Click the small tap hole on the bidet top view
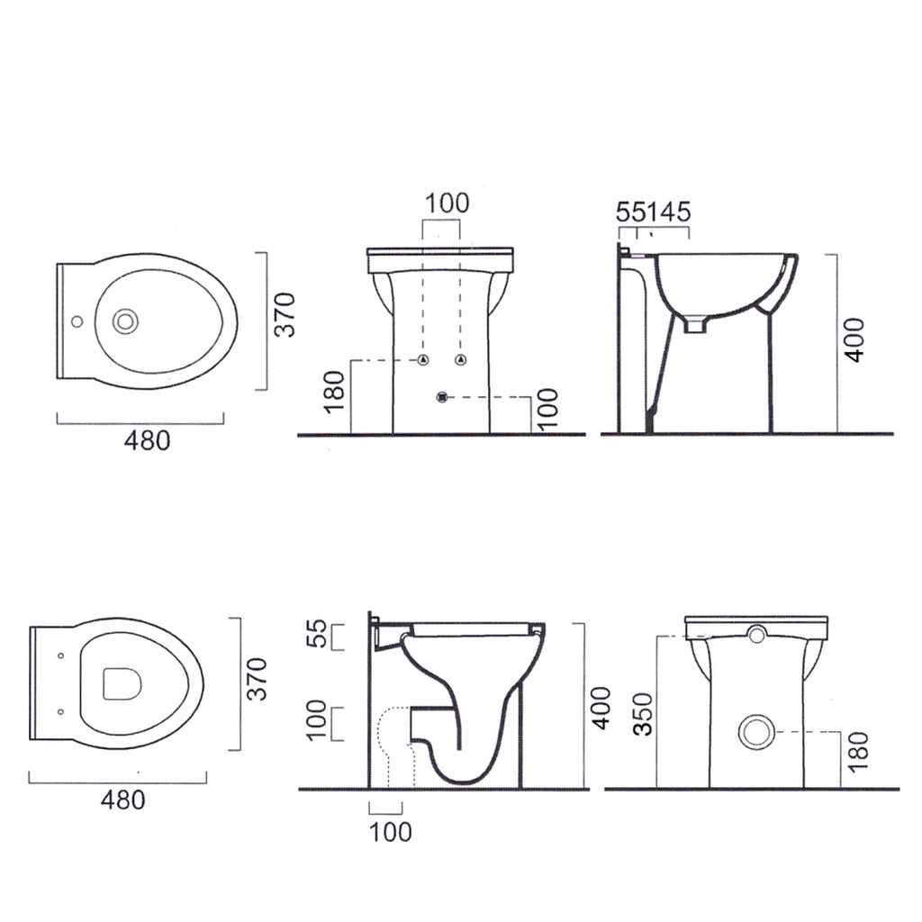[77, 321]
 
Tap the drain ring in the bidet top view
[124, 321]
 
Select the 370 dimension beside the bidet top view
[286, 314]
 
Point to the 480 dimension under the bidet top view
[147, 440]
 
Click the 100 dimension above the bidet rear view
[447, 203]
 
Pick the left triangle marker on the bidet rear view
[423, 360]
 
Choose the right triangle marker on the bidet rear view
[461, 360]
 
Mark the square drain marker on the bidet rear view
[442, 397]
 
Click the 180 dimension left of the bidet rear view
[334, 393]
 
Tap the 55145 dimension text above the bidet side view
[654, 212]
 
